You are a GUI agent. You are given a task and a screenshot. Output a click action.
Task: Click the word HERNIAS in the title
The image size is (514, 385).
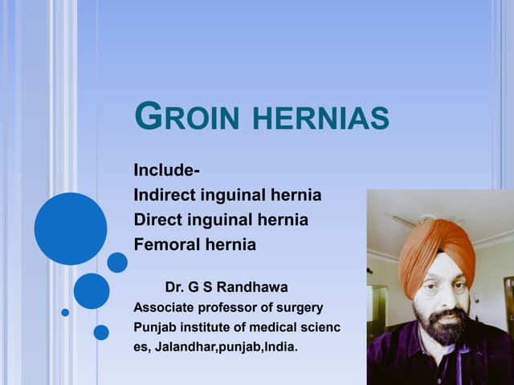tap(321, 119)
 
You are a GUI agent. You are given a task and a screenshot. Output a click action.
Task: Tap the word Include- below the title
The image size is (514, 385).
tap(167, 171)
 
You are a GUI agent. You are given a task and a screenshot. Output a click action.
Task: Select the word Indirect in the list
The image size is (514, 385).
tap(166, 195)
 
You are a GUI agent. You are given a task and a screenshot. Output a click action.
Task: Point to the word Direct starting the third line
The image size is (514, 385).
tap(158, 220)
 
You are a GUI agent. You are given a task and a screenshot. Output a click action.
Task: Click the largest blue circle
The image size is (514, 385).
tap(71, 229)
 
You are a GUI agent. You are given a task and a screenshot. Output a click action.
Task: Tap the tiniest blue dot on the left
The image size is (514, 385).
tap(65, 312)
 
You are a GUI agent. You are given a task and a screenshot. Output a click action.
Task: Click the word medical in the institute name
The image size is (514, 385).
tap(269, 328)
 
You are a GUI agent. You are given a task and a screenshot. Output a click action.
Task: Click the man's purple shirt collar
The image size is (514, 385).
tap(434, 353)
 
